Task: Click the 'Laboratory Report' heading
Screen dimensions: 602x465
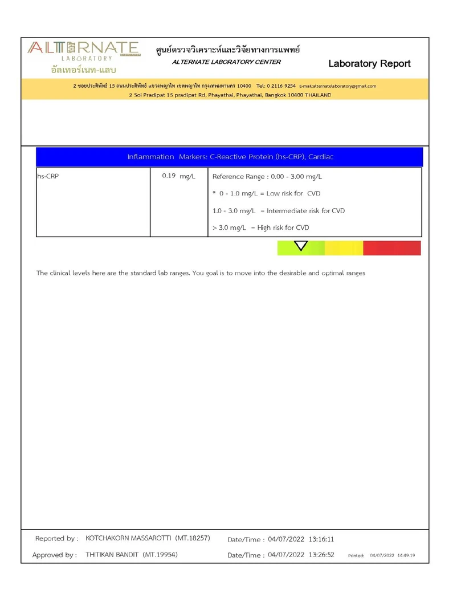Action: coord(369,63)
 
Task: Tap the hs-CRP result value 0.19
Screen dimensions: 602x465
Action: coord(169,176)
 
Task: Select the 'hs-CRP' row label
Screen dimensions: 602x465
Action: coord(48,176)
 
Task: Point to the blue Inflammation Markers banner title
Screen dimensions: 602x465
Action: coord(234,157)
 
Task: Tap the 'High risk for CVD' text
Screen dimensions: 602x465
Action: coord(283,228)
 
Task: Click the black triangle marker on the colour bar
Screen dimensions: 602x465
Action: coord(301,246)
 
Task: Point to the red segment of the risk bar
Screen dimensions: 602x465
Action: coord(392,248)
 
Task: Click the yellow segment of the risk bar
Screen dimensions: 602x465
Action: coord(344,248)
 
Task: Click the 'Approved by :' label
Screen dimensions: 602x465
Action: coord(55,555)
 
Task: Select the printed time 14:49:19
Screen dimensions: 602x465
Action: coord(406,555)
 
